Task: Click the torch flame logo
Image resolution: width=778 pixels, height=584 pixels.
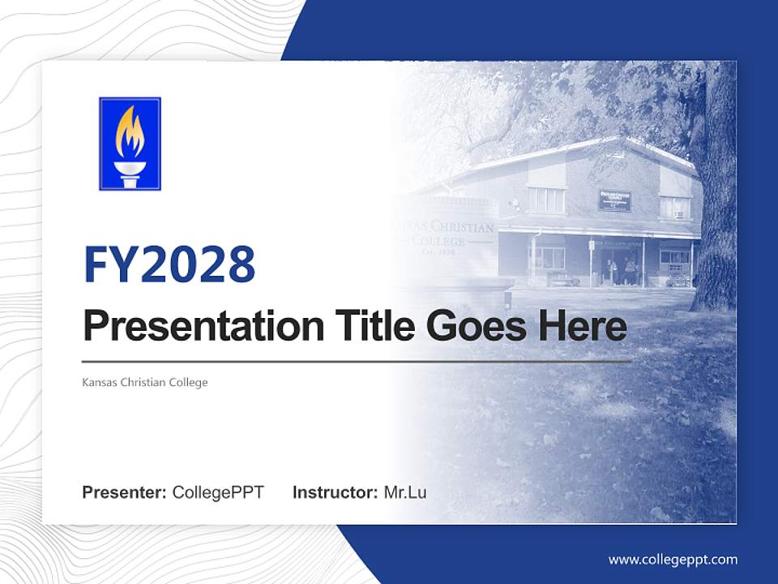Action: pos(130,144)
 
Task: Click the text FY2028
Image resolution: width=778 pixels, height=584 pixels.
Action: pos(169,264)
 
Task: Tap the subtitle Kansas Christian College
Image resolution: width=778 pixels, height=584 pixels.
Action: pos(145,382)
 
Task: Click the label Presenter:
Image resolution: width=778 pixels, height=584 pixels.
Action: pos(125,492)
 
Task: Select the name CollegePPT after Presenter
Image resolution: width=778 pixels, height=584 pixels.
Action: pos(218,492)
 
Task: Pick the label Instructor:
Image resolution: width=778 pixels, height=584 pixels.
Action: pos(335,492)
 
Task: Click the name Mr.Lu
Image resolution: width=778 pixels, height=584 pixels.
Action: pos(405,492)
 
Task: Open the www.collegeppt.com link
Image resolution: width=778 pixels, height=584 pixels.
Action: pos(673,559)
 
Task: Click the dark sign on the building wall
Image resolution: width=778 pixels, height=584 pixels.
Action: pos(614,200)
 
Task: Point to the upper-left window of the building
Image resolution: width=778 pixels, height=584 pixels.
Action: pos(546,200)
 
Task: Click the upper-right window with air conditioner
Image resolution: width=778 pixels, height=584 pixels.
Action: pos(673,208)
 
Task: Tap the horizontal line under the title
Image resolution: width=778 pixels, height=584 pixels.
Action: pos(357,361)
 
